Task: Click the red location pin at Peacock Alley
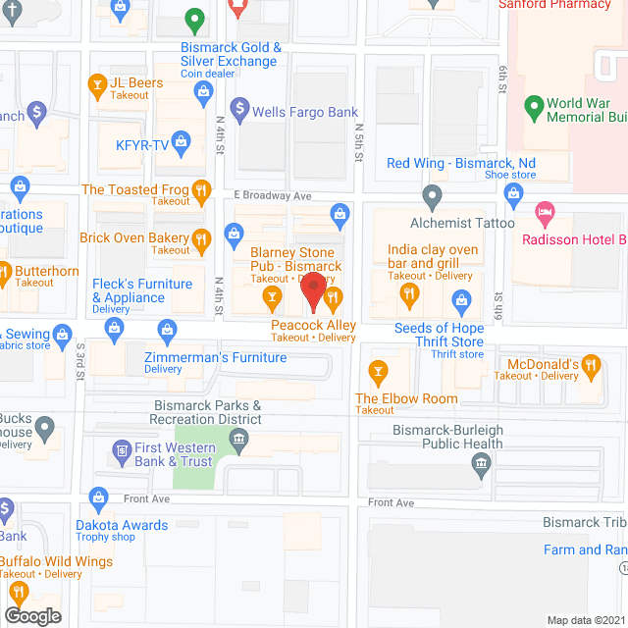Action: click(x=313, y=290)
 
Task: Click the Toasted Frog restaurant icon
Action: click(x=200, y=190)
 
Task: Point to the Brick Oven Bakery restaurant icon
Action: click(x=201, y=237)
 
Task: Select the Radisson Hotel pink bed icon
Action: click(x=543, y=212)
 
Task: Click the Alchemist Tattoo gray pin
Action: click(x=430, y=195)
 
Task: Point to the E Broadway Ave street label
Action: click(x=272, y=195)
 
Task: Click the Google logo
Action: click(x=32, y=615)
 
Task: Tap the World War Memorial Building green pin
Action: click(x=535, y=105)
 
